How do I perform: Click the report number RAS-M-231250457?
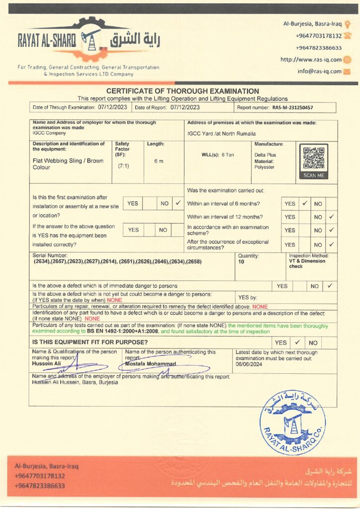coord(292,107)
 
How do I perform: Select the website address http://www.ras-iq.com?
coord(311,60)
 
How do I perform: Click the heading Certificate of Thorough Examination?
coord(182,91)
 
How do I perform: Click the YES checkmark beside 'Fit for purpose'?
coord(297,342)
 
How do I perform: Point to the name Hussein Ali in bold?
coord(47,364)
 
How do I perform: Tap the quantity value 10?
coord(241,261)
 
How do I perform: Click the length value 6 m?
coord(159,161)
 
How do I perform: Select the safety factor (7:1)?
coord(123,166)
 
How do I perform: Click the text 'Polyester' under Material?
coord(265,168)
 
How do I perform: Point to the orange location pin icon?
coord(347,23)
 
